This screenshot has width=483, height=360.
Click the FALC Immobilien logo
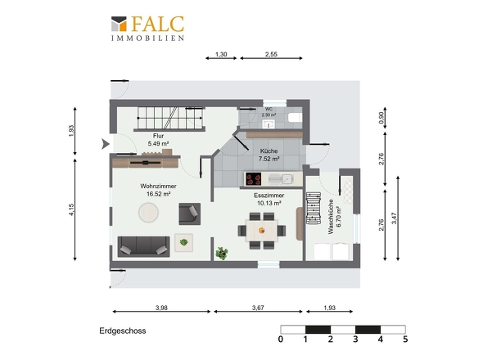pos(147,29)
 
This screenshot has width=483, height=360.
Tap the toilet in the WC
pos(296,117)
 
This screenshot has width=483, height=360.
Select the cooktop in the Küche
pos(253,179)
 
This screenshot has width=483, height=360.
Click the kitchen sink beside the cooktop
pos(281,179)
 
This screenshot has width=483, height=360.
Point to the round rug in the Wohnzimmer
pos(148,213)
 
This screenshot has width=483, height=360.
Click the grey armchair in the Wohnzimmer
pos(189,214)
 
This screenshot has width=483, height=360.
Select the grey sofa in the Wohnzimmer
pos(143,246)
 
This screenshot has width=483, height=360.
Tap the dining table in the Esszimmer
pos(261,231)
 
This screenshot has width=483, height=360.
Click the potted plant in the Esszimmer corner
pos(222,253)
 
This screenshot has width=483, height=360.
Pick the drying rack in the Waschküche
pos(314,208)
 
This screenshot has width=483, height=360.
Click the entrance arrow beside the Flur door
pos(106,144)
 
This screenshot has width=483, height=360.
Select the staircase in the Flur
pos(169,118)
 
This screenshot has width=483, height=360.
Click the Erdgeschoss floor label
pos(123,331)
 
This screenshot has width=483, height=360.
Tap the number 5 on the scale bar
pos(405,340)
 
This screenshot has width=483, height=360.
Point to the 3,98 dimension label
pos(161,308)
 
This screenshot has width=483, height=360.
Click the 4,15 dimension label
pos(71,209)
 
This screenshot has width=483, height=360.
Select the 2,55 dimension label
pos(271,54)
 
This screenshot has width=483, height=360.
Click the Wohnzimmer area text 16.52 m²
pos(158,194)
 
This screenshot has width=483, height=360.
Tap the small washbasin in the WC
pos(269,124)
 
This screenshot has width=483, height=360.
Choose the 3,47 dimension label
pos(395,218)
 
